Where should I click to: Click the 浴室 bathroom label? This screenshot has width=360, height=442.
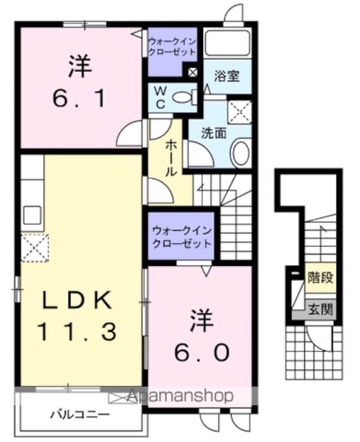tap(227, 76)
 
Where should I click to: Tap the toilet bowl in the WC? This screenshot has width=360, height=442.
tap(181, 97)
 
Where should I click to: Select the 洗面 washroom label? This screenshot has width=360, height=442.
tap(214, 133)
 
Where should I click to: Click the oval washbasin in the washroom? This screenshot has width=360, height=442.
tap(240, 153)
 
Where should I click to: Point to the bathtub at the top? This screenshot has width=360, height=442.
tap(227, 43)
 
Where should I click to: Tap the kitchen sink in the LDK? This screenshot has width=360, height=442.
tap(32, 215)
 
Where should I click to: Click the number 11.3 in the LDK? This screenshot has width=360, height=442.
tap(77, 331)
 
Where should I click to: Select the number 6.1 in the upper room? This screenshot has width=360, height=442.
tap(79, 98)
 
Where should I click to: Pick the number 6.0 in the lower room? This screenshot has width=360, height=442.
tap(202, 352)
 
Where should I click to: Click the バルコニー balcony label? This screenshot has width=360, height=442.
tap(80, 414)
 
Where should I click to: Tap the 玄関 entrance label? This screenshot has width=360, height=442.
tap(321, 309)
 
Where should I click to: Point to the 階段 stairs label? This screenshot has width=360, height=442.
tap(321, 278)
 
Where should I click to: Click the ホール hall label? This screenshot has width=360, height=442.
tap(171, 158)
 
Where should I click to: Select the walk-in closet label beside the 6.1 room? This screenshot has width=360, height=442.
tap(172, 47)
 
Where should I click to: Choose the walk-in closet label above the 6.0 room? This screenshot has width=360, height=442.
tap(182, 237)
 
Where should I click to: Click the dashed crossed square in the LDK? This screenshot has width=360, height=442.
tap(35, 248)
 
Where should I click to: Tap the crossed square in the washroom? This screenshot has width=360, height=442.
tap(239, 111)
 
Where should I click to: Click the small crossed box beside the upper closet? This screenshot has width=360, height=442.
tap(193, 73)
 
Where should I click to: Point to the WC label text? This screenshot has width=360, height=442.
tap(160, 98)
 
